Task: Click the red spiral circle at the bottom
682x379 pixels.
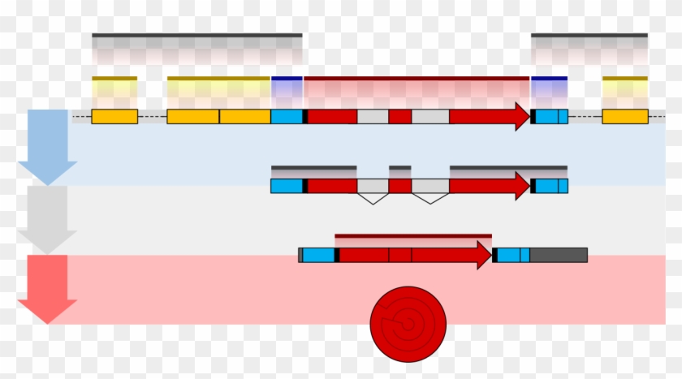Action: coord(408,324)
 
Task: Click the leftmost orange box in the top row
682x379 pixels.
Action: coord(114,116)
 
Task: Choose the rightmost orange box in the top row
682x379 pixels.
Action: coord(624,116)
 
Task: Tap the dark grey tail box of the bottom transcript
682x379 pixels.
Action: coord(558,255)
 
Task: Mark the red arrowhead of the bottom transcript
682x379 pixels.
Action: coord(484,255)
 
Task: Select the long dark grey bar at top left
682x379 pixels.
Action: coord(196,36)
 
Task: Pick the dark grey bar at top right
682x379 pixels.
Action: coord(589,36)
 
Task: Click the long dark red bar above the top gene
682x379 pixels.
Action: coord(417,79)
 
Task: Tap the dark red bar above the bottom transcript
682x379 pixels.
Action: coord(412,236)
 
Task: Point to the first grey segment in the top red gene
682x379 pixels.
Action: coord(373,116)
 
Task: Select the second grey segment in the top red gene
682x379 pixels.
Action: coord(430,116)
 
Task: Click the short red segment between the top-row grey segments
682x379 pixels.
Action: coord(399,116)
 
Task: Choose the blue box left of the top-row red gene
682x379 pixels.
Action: coord(287,116)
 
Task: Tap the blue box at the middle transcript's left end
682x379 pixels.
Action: coord(287,186)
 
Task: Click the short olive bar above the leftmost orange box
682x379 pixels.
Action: coord(114,79)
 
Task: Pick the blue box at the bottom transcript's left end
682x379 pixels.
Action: coord(318,255)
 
